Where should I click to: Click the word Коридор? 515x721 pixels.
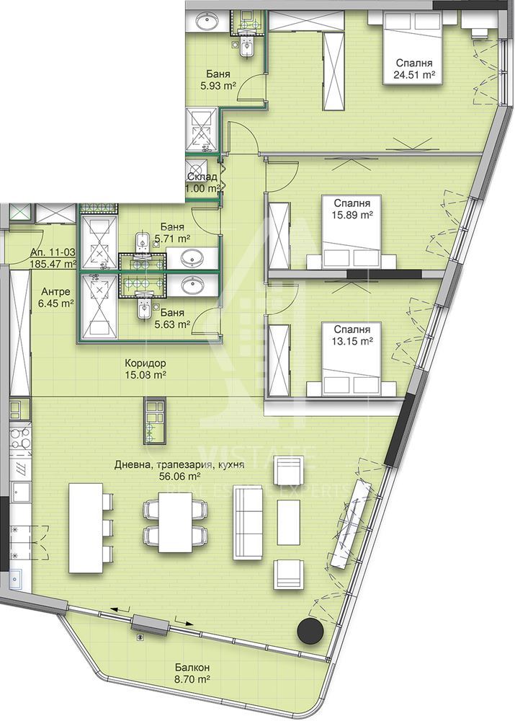pos(145,363)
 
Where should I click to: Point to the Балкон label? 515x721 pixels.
pos(192,667)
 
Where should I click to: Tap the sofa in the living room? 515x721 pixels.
pos(248,522)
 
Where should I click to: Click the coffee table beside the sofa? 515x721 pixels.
pos(289,522)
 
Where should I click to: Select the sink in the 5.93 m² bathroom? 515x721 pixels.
pos(210,21)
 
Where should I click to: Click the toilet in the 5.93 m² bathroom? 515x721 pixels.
pos(247,48)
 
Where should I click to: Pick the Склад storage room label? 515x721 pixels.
pos(202,177)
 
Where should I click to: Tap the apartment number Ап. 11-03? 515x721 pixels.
pos(53,252)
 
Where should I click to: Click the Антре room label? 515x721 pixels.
pos(55,291)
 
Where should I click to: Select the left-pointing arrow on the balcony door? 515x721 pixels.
pos(120,610)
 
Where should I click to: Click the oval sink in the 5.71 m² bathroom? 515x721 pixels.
pos(192,258)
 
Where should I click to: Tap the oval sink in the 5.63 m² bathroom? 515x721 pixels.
pos(192,286)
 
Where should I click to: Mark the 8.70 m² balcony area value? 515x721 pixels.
pos(192,678)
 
